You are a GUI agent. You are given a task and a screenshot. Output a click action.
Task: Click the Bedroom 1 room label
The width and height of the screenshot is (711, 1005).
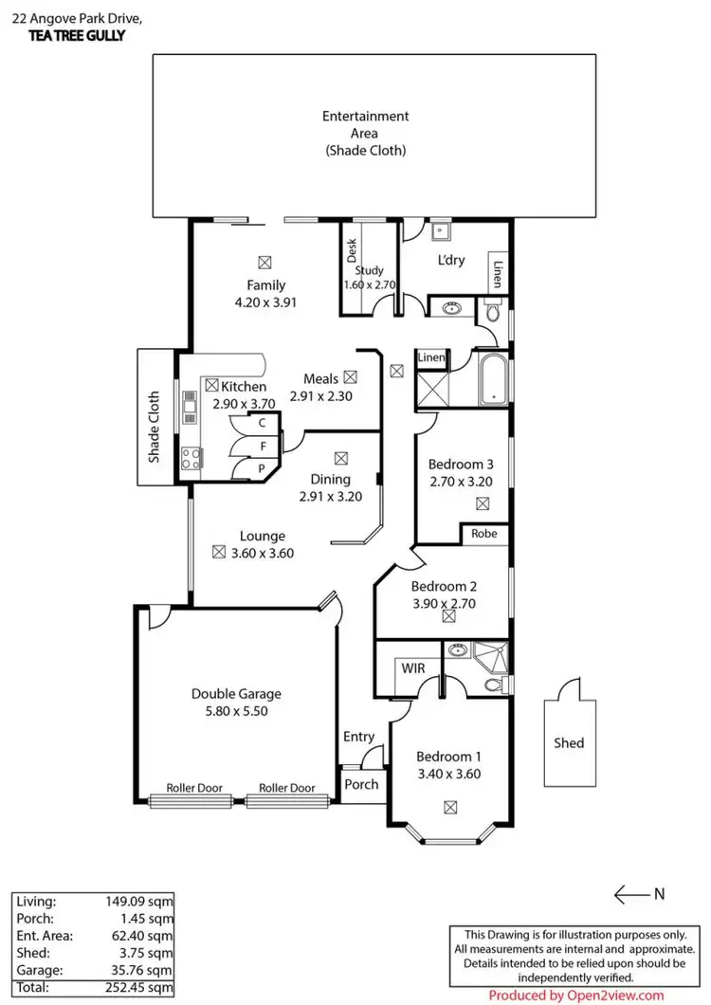[x=449, y=757]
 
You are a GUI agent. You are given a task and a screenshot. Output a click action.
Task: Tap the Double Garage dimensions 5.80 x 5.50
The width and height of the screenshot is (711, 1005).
[x=236, y=710]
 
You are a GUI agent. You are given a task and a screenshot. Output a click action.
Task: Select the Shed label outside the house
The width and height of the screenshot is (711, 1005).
[x=569, y=743]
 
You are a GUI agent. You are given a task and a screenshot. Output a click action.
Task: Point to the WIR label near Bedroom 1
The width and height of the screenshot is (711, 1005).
[x=413, y=668]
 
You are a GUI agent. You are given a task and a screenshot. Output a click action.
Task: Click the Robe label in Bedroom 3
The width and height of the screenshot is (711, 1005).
[x=483, y=534]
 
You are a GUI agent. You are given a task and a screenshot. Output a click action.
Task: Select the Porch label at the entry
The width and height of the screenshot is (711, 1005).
[x=361, y=784]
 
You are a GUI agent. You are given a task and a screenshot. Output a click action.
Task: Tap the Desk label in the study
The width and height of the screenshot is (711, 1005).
[x=351, y=250]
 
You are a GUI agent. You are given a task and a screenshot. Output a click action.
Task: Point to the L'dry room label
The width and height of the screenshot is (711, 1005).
[x=450, y=260]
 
